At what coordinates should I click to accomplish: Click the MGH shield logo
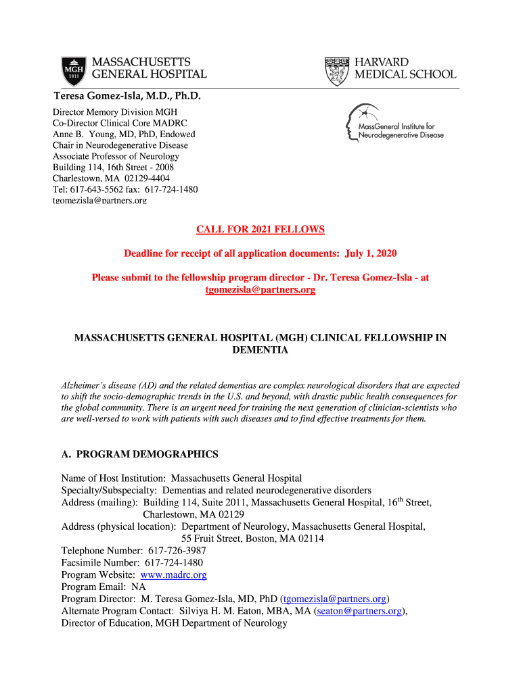[x=74, y=68]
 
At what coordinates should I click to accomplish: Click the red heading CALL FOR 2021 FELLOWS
[x=260, y=230]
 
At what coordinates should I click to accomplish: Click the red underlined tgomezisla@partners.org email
[x=260, y=290]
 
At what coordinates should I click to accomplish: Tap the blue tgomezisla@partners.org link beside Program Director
[x=334, y=599]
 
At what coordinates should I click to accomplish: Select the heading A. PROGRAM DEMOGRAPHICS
[x=139, y=454]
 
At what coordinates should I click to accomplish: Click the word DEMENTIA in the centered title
[x=260, y=350]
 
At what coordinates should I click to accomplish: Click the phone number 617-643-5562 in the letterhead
[x=95, y=190]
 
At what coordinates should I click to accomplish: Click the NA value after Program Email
[x=139, y=587]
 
